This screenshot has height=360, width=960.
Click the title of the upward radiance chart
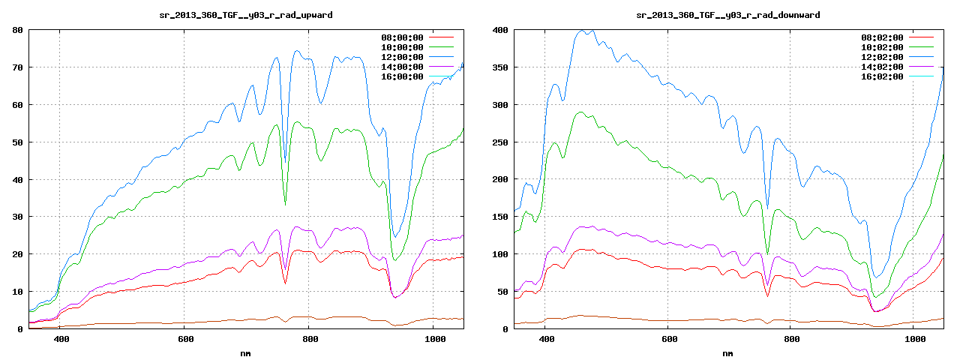pyautogui.click(x=247, y=15)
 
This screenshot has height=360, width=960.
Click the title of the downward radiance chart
pyautogui.click(x=727, y=15)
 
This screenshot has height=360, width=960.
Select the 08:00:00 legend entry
pyautogui.click(x=402, y=37)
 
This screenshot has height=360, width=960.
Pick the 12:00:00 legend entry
pyautogui.click(x=402, y=57)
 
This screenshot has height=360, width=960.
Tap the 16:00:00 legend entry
pyautogui.click(x=402, y=76)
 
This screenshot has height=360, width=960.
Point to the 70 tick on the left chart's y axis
pyautogui.click(x=16, y=67)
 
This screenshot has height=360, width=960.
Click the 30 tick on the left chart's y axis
pyautogui.click(x=16, y=217)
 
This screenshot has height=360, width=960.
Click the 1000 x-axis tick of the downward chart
pyautogui.click(x=913, y=339)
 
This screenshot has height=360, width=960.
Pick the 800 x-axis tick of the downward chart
pyautogui.click(x=791, y=339)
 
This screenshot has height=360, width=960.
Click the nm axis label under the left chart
pyautogui.click(x=246, y=353)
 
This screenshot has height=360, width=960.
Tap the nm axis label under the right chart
pyautogui.click(x=727, y=353)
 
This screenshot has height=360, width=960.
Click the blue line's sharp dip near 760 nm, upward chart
pyautogui.click(x=285, y=160)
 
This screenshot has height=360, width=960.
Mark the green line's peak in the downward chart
pyautogui.click(x=580, y=112)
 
